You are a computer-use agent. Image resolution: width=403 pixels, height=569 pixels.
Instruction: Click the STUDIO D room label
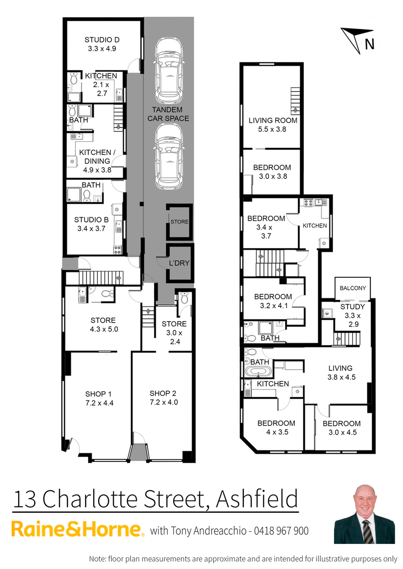102,40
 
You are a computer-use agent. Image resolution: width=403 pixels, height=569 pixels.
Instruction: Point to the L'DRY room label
179,263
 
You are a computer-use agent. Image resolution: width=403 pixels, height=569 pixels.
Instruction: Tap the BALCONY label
353,288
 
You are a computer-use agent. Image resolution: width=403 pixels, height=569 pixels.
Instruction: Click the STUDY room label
353,307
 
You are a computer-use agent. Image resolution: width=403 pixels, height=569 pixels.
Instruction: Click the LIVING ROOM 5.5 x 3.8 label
273,120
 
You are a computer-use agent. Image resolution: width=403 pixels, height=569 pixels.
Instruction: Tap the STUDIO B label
91,220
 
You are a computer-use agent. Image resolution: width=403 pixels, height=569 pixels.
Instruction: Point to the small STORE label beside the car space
178,221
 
